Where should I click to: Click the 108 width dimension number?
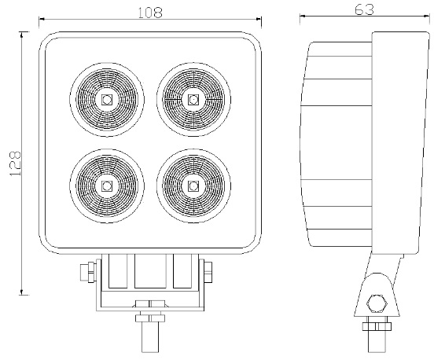click(x=149, y=12)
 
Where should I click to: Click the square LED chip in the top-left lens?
click(x=106, y=99)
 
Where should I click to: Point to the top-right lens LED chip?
click(x=193, y=99)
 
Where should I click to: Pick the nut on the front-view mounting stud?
click(x=148, y=318)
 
